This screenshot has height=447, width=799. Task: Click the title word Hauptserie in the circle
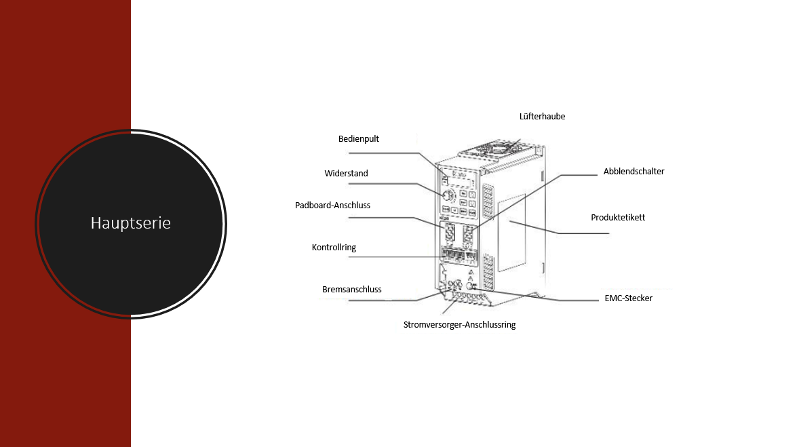point(131,222)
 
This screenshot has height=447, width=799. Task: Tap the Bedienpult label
point(359,138)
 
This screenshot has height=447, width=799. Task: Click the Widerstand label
point(346,174)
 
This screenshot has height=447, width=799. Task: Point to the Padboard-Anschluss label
point(332,205)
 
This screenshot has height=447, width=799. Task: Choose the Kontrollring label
point(334,248)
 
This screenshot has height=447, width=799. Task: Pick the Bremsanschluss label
point(351,290)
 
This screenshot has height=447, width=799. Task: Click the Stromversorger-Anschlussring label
point(459,325)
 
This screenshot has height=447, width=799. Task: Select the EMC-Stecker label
point(628,298)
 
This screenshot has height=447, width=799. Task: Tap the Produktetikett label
point(618,218)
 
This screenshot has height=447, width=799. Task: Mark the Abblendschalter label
point(634,172)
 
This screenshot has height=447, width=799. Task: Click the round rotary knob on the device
point(448,195)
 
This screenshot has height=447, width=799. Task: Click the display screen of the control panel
point(457,178)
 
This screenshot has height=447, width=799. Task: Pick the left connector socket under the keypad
point(448,234)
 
